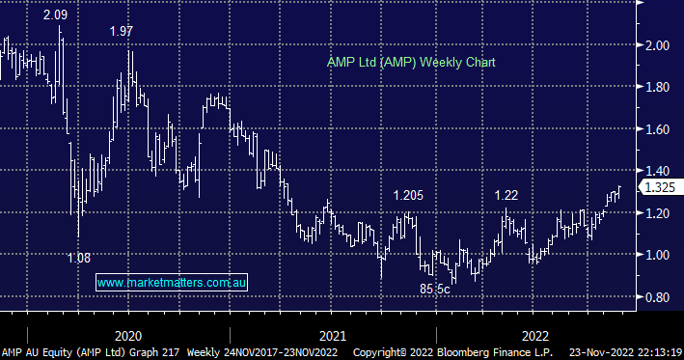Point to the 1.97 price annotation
click(x=122, y=32)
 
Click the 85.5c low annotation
click(x=434, y=288)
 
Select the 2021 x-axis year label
click(x=333, y=334)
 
